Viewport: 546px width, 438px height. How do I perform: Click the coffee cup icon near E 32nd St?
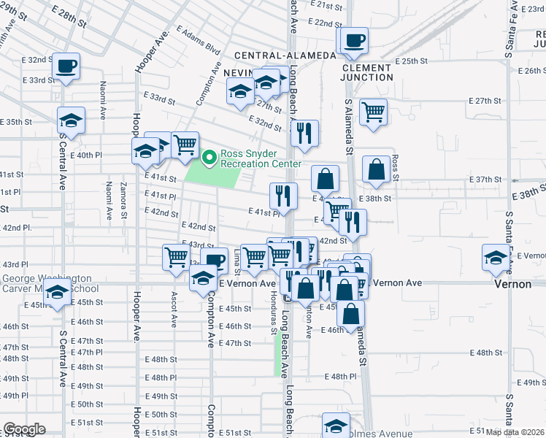point(66,66)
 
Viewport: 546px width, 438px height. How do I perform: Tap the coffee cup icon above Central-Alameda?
point(354,40)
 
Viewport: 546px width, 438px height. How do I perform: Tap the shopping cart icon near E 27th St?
point(374,112)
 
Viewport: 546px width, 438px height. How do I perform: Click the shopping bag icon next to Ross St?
point(377,169)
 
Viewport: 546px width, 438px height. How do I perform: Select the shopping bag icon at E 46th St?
point(351,313)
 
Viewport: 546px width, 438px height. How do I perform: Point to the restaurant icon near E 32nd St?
point(304,133)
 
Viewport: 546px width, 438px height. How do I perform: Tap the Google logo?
point(23,429)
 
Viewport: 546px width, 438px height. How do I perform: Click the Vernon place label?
point(512,284)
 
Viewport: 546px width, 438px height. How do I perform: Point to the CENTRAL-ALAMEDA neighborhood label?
point(285,55)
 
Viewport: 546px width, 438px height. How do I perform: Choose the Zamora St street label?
point(124,200)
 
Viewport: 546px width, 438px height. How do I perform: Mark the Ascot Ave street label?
point(174,310)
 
